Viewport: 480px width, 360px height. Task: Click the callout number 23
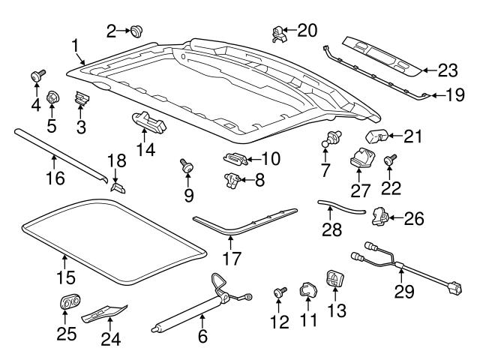448,70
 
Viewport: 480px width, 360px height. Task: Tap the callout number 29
404,292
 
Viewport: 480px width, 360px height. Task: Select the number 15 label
66,277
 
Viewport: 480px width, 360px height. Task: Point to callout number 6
202,337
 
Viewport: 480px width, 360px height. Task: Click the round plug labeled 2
137,31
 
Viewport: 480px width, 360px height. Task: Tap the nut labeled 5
53,97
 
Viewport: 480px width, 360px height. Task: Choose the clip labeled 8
232,179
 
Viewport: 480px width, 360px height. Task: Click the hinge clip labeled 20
279,31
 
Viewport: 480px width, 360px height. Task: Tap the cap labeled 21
376,137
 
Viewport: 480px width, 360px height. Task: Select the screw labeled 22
391,160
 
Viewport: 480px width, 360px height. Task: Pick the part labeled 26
382,217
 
